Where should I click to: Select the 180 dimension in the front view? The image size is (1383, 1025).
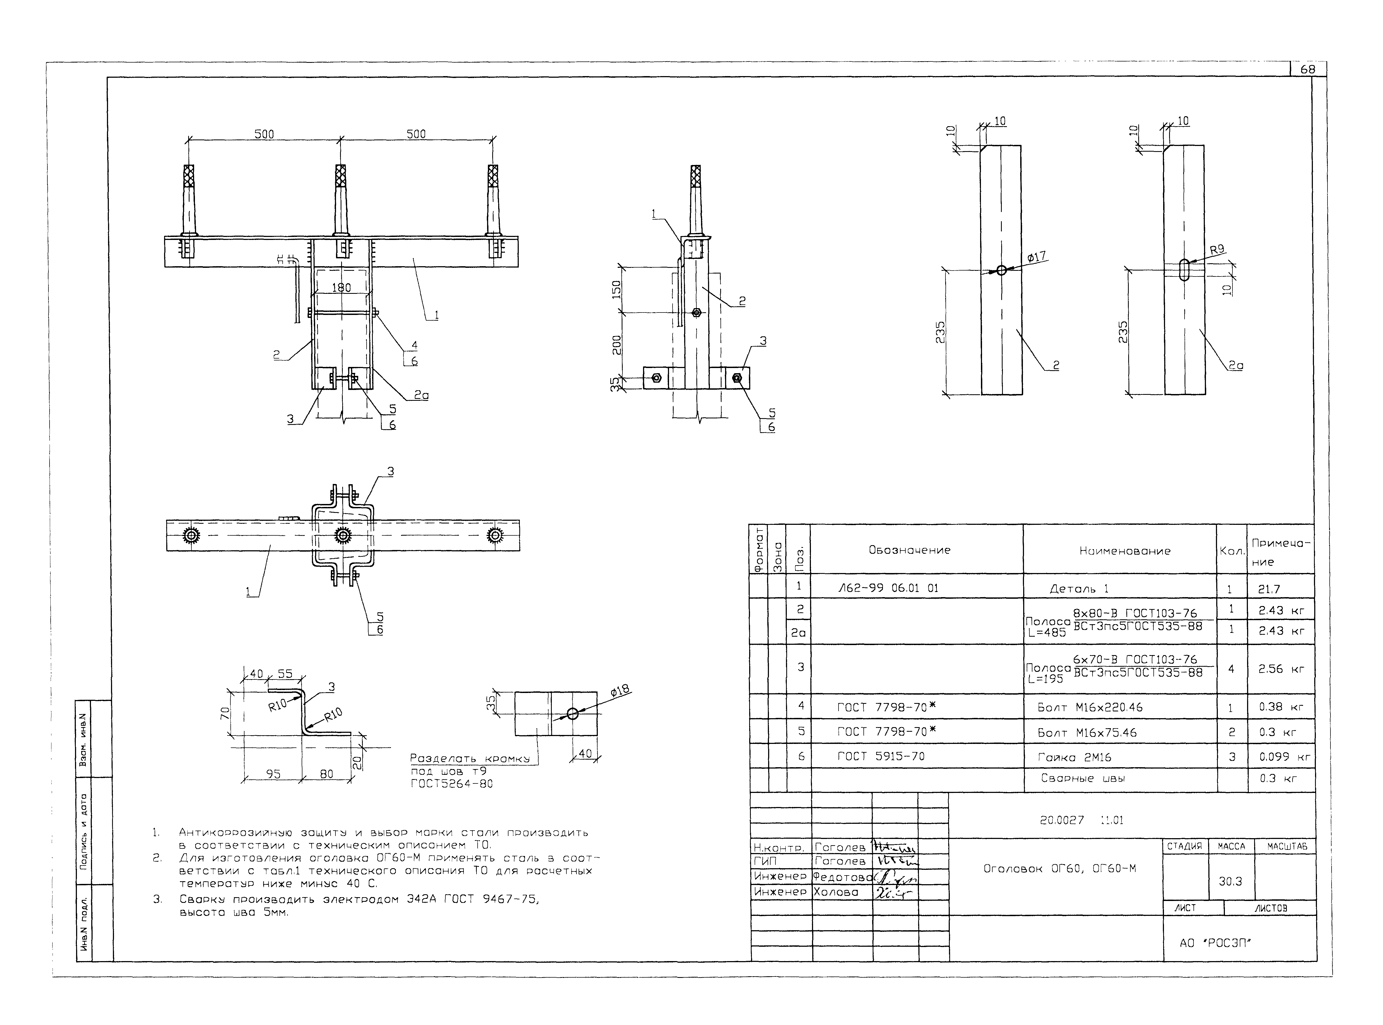pos(341,287)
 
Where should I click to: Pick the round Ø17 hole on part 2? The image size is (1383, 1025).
pos(1002,270)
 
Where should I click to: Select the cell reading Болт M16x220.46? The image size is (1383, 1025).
pos(1090,707)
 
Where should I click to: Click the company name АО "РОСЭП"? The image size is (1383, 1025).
pos(1216,943)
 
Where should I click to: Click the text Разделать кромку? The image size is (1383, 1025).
pos(469,758)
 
